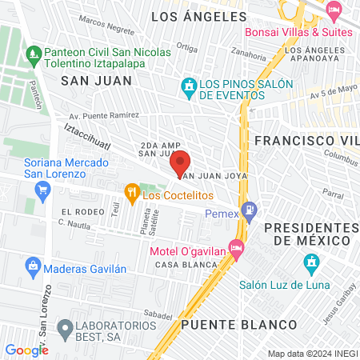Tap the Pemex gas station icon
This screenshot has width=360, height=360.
click(250, 209)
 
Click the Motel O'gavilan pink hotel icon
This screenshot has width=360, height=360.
click(235, 247)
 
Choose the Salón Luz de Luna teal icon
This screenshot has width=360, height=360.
click(311, 262)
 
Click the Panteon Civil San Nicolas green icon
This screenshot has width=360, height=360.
click(33, 56)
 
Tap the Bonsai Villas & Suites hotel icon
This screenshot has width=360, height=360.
click(333, 12)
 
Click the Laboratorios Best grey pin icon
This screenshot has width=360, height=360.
click(62, 327)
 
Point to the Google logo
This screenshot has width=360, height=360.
click(26, 350)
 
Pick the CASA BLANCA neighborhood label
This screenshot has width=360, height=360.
click(177, 265)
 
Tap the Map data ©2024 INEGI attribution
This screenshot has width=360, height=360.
click(312, 353)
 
